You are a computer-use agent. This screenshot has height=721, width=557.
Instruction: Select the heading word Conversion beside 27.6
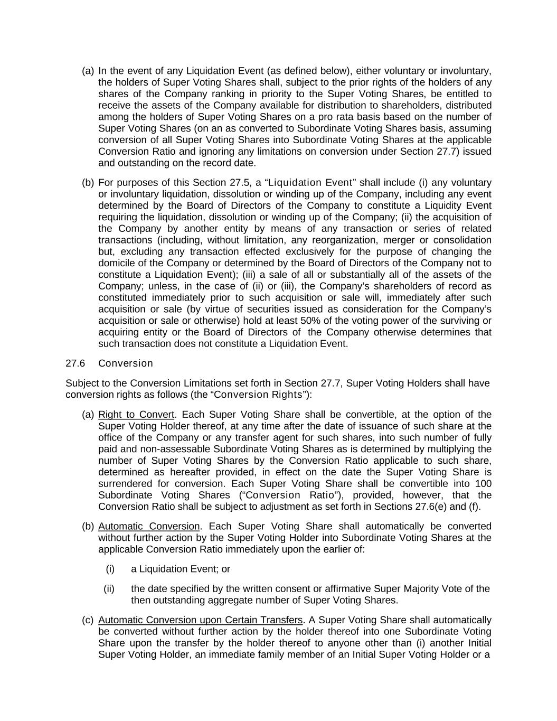[x=126, y=363]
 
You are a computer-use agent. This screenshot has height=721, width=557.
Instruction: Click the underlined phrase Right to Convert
[x=136, y=415]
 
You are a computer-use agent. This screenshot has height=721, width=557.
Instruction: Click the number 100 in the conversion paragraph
[x=483, y=484]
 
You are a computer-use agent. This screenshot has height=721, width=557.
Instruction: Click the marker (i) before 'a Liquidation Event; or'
[x=110, y=569]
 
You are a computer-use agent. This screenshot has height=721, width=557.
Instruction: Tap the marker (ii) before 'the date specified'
[x=109, y=589]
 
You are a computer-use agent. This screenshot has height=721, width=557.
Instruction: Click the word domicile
[x=116, y=263]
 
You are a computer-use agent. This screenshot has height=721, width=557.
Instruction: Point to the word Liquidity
[x=396, y=205]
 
